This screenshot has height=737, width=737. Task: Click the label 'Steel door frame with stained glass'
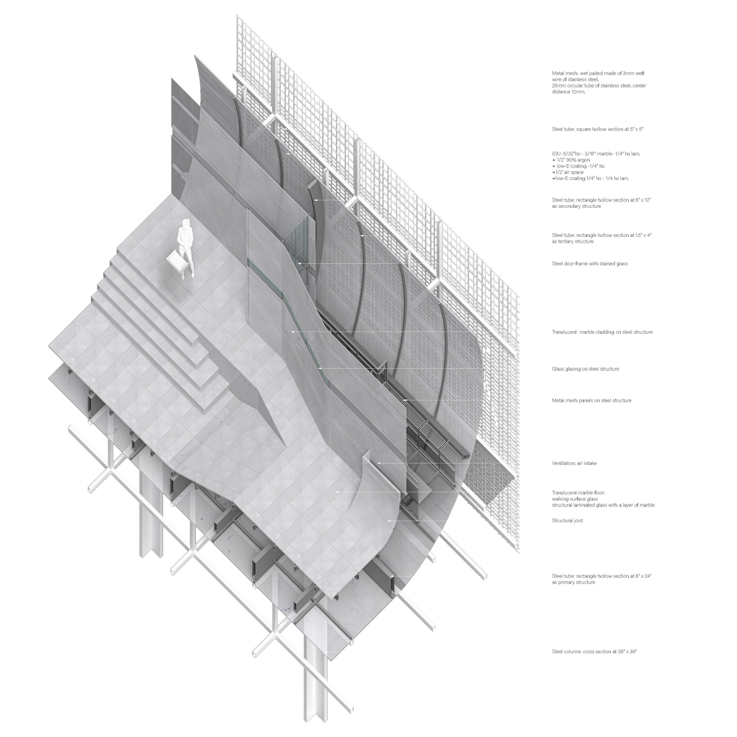click(x=589, y=264)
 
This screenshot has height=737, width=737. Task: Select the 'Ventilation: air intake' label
click(x=574, y=463)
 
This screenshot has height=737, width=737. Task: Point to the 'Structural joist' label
click(x=567, y=520)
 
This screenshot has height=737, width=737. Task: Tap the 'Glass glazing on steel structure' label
click(x=585, y=369)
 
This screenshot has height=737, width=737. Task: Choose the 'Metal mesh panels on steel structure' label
click(x=591, y=400)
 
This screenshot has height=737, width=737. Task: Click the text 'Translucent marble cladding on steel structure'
click(x=602, y=332)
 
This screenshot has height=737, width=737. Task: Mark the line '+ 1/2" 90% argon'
click(x=571, y=160)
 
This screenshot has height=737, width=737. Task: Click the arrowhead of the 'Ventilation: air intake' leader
click(x=378, y=463)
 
